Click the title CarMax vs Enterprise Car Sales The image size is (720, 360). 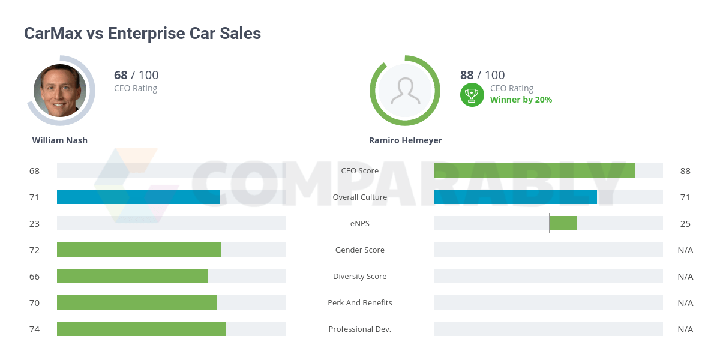[142, 33]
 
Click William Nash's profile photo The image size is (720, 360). [60, 91]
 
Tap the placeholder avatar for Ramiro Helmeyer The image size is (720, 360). [405, 91]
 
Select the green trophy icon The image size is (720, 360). [472, 95]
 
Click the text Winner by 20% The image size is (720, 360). [521, 100]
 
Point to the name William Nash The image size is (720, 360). [60, 140]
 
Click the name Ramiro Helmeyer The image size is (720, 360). [406, 140]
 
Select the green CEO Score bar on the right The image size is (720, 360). [535, 170]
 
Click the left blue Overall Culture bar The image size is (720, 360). [138, 197]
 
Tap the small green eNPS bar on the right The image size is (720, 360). [563, 223]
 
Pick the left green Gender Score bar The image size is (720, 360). [139, 250]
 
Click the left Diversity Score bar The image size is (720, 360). [132, 276]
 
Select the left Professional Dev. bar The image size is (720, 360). [142, 329]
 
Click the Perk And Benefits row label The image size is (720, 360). [360, 302]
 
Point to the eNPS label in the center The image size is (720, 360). [360, 223]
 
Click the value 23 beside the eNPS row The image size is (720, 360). [34, 223]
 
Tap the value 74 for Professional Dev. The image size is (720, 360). [34, 329]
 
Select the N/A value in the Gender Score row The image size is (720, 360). [685, 250]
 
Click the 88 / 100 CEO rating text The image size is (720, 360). [482, 75]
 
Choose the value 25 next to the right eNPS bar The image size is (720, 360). [685, 223]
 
